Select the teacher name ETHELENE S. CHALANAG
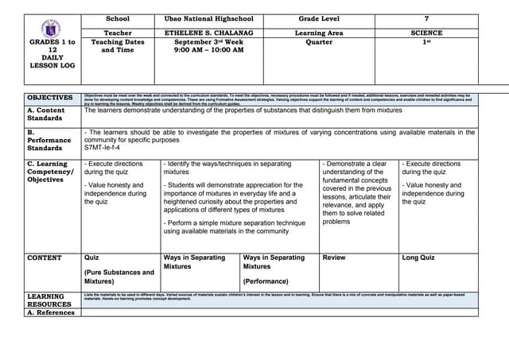208,33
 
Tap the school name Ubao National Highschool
208,17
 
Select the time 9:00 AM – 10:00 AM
208,50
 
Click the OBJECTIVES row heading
49,98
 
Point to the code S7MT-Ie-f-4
103,148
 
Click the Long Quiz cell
418,257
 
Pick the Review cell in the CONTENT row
334,257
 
